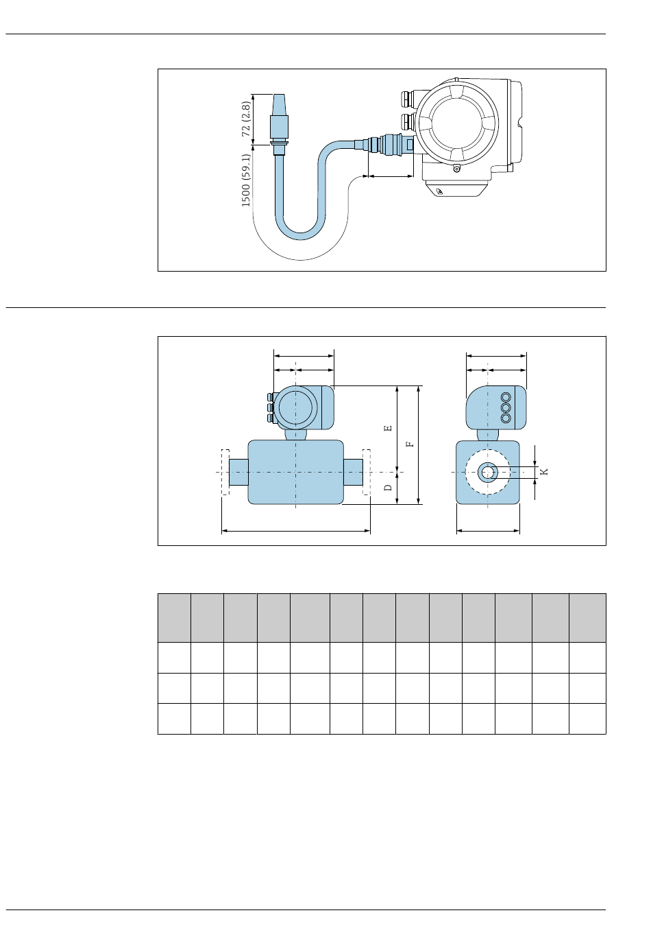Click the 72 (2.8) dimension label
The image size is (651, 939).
246,119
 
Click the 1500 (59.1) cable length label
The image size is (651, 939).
246,180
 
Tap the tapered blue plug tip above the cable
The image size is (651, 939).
279,104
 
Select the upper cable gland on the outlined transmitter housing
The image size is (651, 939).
407,99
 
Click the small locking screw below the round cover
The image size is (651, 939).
456,169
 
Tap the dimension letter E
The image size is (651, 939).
388,428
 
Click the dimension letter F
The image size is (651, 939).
410,442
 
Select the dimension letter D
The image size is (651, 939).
388,488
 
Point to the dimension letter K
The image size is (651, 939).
544,472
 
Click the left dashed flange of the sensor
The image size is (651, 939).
225,472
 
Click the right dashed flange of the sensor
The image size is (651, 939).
367,472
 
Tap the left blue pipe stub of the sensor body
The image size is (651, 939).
238,472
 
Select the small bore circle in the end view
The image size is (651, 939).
488,473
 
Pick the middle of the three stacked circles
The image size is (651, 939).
506,407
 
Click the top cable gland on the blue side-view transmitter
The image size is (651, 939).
271,396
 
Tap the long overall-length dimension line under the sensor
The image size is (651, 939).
296,531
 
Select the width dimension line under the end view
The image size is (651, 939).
488,531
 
